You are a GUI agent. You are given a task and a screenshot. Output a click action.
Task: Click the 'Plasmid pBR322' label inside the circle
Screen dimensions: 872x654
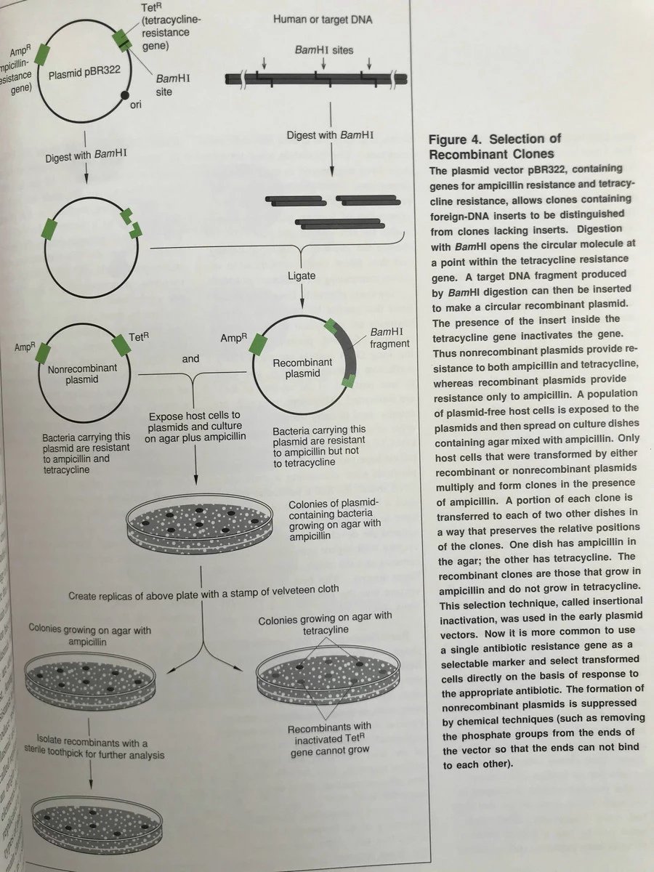[84, 75]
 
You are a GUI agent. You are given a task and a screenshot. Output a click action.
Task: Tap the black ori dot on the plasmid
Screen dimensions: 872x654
[125, 95]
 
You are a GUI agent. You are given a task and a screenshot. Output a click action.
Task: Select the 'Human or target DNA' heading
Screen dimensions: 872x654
[323, 20]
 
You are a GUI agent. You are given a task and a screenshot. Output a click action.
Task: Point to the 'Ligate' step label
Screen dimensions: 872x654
[301, 276]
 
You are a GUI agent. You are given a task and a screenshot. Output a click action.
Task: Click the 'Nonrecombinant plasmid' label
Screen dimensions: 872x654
[81, 374]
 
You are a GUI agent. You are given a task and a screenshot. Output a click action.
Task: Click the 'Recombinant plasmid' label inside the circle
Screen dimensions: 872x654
[302, 368]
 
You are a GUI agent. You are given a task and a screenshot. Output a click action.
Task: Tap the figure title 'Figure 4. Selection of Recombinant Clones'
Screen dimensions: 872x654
[495, 146]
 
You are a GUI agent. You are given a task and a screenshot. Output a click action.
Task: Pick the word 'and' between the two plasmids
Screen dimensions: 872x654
[190, 358]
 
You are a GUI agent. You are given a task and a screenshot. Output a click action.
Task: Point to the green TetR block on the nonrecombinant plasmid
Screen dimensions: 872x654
[121, 346]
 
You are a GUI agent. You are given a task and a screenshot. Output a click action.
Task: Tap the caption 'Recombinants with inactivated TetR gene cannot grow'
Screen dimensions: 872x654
[329, 737]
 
